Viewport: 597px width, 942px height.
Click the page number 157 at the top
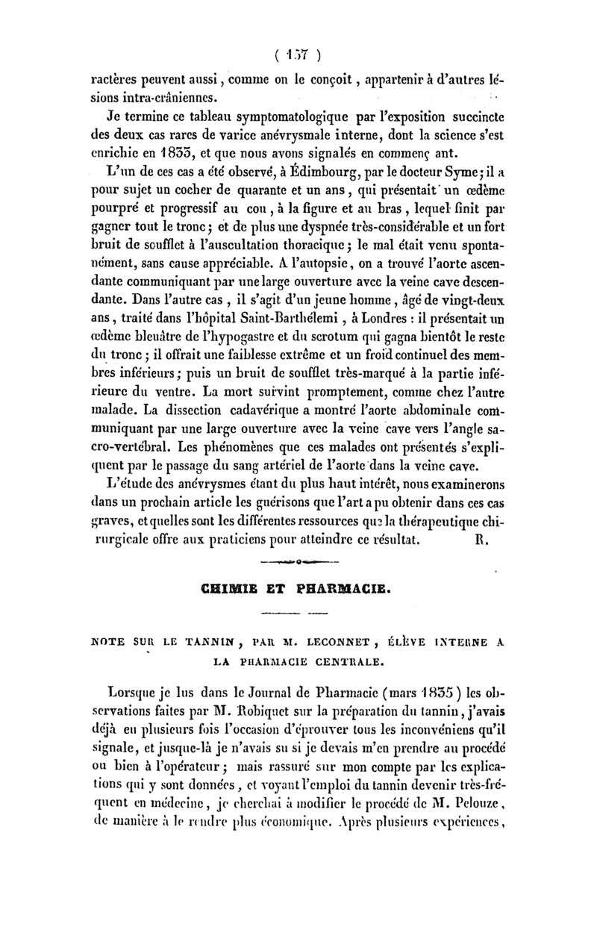(x=298, y=53)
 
